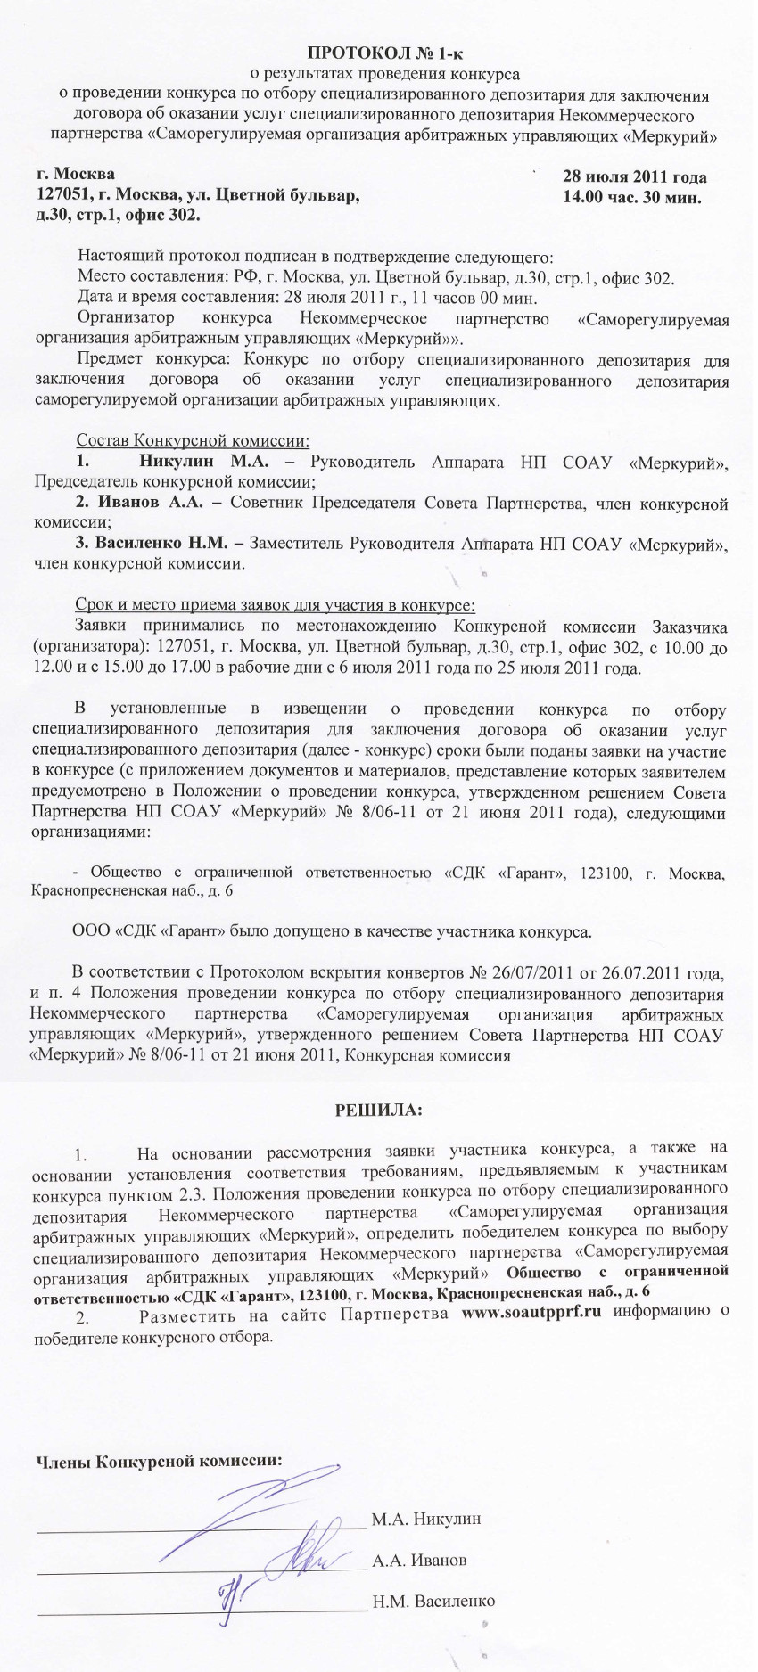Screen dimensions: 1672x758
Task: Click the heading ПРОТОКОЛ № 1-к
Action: click(381, 53)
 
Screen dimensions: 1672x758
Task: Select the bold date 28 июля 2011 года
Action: click(635, 176)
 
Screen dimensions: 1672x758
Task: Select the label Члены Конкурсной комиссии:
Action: click(158, 1462)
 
